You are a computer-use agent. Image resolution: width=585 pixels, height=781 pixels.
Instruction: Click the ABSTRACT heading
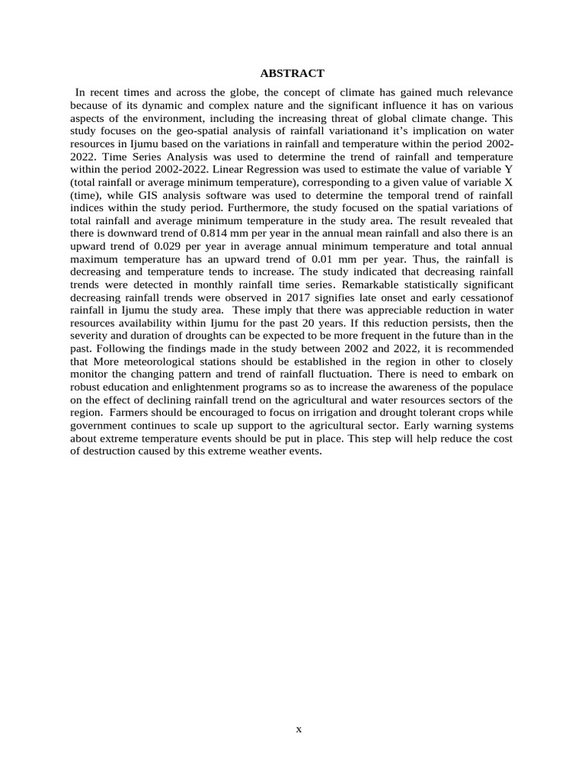[292, 73]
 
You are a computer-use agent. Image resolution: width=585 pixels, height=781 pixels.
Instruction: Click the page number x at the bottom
[299, 729]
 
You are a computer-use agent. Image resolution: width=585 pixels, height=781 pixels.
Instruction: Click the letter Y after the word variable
[508, 169]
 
